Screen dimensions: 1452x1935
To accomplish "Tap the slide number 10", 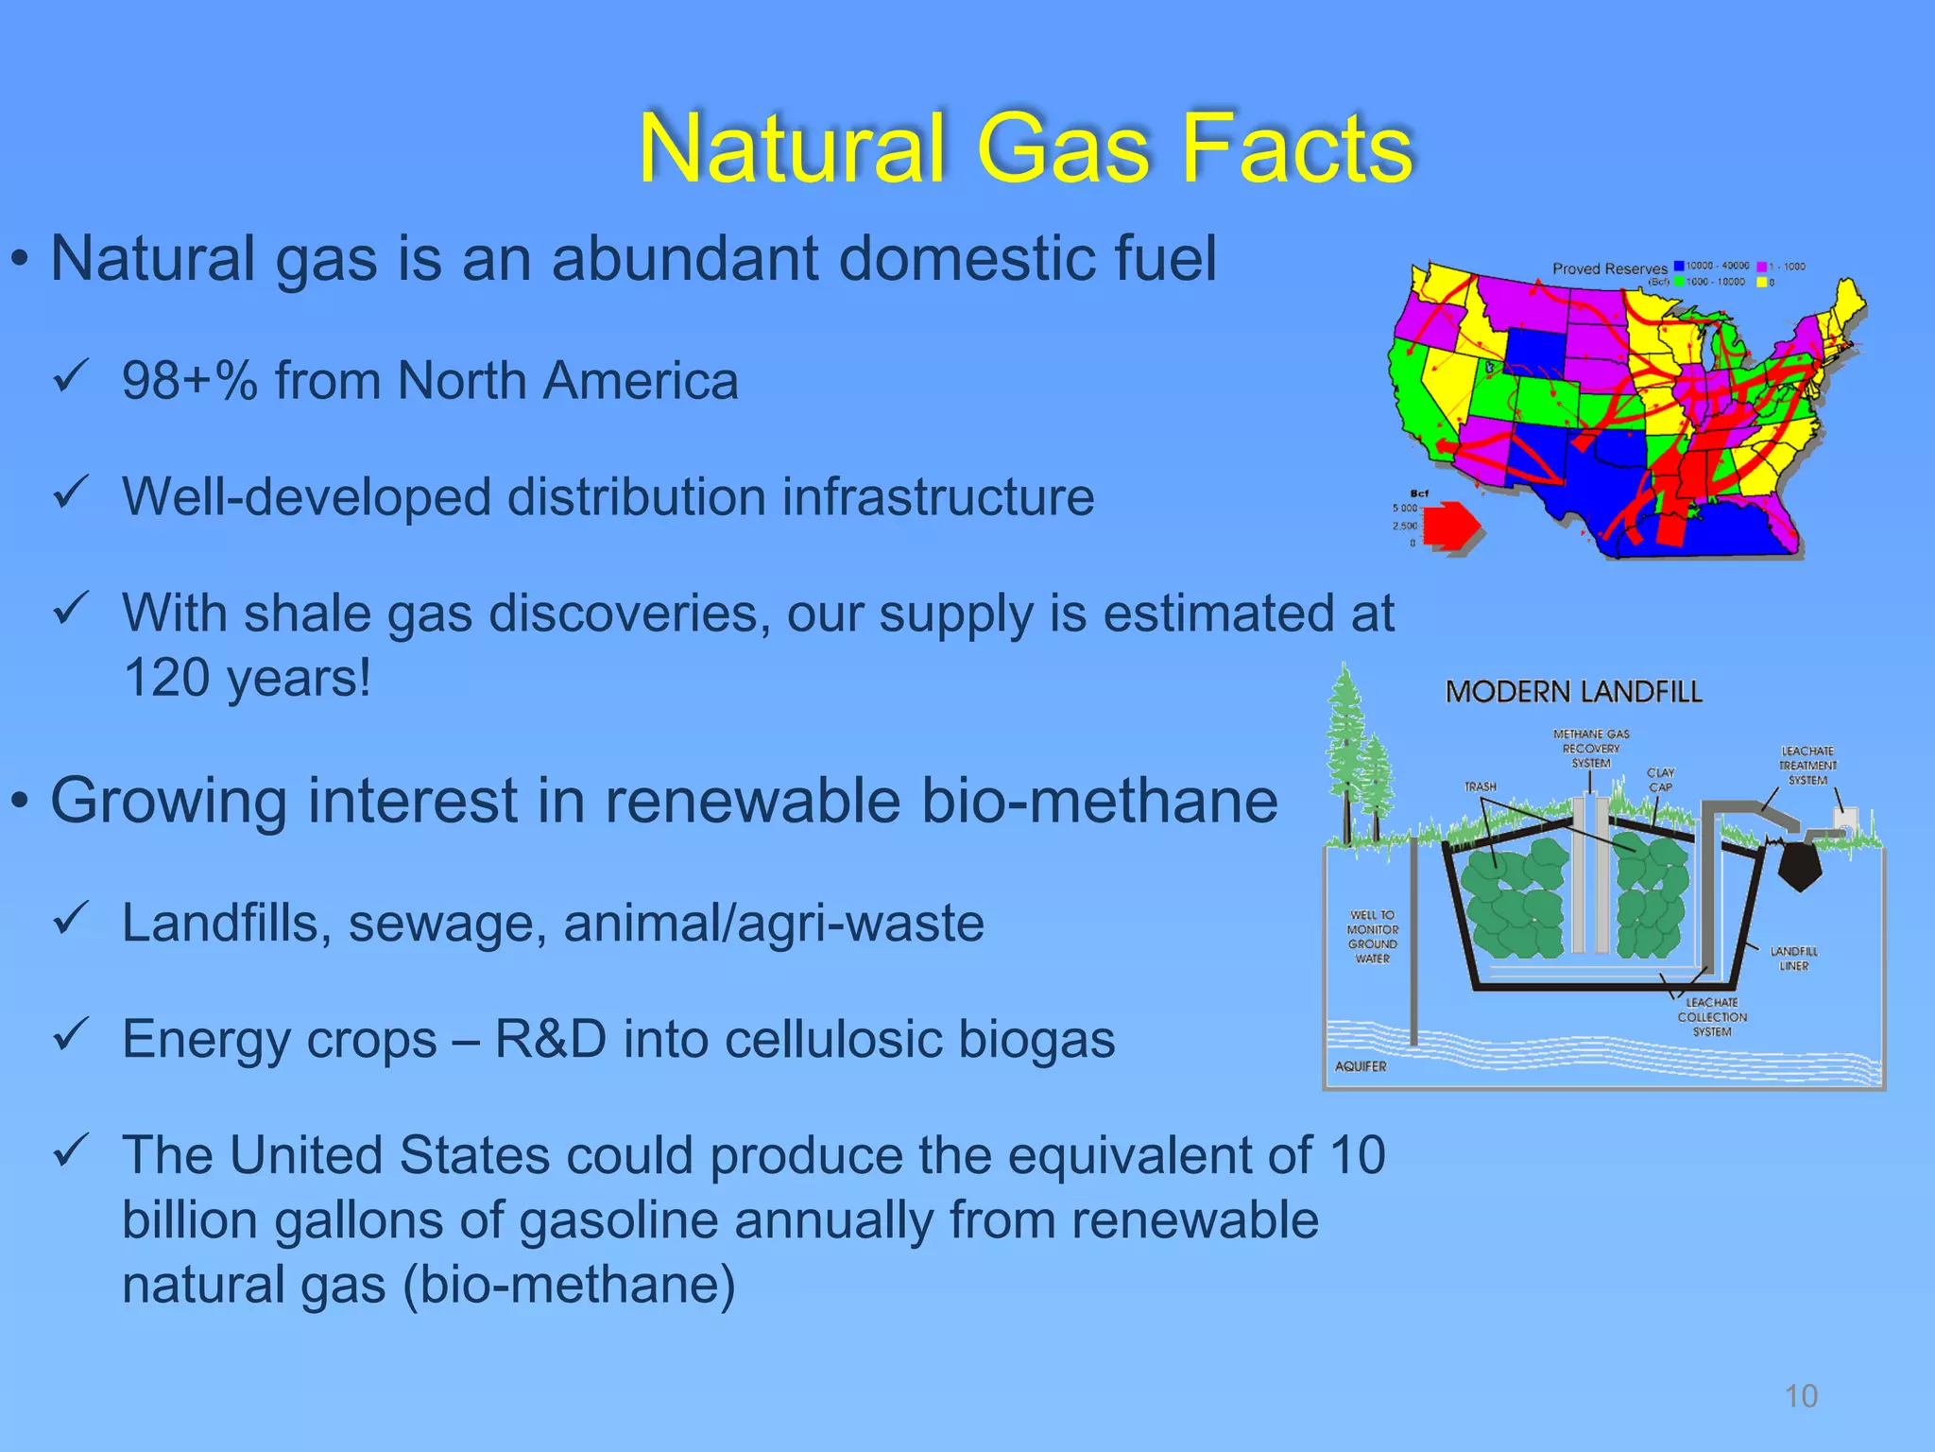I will click(x=1801, y=1396).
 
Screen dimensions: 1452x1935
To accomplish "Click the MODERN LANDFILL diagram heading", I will click(x=1573, y=692).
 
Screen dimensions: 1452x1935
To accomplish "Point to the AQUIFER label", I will click(x=1361, y=1066).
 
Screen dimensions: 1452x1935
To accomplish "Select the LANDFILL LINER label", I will click(x=1793, y=959).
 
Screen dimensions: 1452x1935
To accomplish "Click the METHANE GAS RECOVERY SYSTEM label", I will click(x=1591, y=748).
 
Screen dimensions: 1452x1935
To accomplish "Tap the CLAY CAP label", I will click(x=1660, y=780).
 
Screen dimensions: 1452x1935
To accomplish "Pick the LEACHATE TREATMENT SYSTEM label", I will click(x=1807, y=765).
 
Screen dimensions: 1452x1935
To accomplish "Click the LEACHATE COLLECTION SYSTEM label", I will click(x=1712, y=1017).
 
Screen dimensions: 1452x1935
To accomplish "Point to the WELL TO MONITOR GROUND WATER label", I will click(x=1373, y=937).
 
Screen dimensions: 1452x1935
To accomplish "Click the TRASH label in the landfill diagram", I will click(x=1480, y=786).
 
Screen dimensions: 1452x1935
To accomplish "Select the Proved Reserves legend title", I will click(x=1610, y=269).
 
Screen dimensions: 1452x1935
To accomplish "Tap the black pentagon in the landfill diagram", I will click(x=1801, y=863).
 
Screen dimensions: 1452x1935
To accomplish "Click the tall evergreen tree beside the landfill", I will click(x=1345, y=747).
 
